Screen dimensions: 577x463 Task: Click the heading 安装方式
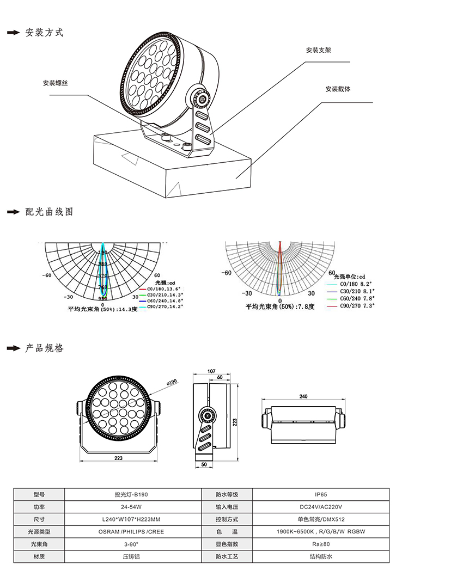44,33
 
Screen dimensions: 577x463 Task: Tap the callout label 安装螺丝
56,83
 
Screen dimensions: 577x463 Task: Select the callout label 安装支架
319,50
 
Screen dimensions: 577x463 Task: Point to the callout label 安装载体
338,89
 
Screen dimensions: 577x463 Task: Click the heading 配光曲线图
49,212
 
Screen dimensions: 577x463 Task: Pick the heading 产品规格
44,348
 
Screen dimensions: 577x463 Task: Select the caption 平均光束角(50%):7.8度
280,307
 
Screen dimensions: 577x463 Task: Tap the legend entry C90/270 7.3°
357,306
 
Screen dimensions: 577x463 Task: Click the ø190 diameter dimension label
172,383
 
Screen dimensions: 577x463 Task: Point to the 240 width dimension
303,397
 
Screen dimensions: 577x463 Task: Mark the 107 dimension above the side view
212,371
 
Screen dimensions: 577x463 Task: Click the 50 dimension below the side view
204,464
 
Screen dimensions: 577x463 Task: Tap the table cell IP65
320,495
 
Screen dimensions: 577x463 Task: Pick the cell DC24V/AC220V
320,507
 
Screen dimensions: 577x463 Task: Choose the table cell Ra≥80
320,544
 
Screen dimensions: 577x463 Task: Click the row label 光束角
38,544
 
